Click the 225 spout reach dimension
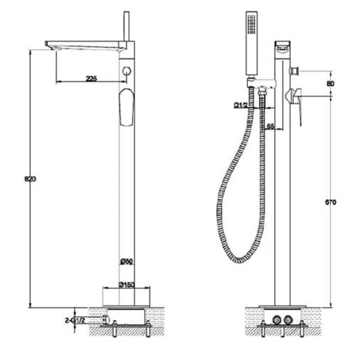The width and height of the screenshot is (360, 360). pyautogui.click(x=91, y=78)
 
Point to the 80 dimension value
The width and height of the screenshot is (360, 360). pyautogui.click(x=330, y=84)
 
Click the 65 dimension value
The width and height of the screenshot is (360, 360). pyautogui.click(x=270, y=126)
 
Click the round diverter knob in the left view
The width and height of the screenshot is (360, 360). pyautogui.click(x=126, y=71)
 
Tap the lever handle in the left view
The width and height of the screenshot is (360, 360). pyautogui.click(x=126, y=107)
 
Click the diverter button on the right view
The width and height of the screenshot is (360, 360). pyautogui.click(x=294, y=70)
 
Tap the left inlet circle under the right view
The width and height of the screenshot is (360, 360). pyautogui.click(x=277, y=319)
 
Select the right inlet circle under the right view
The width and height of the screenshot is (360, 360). pyautogui.click(x=288, y=319)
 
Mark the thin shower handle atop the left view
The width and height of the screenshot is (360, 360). pyautogui.click(x=126, y=26)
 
